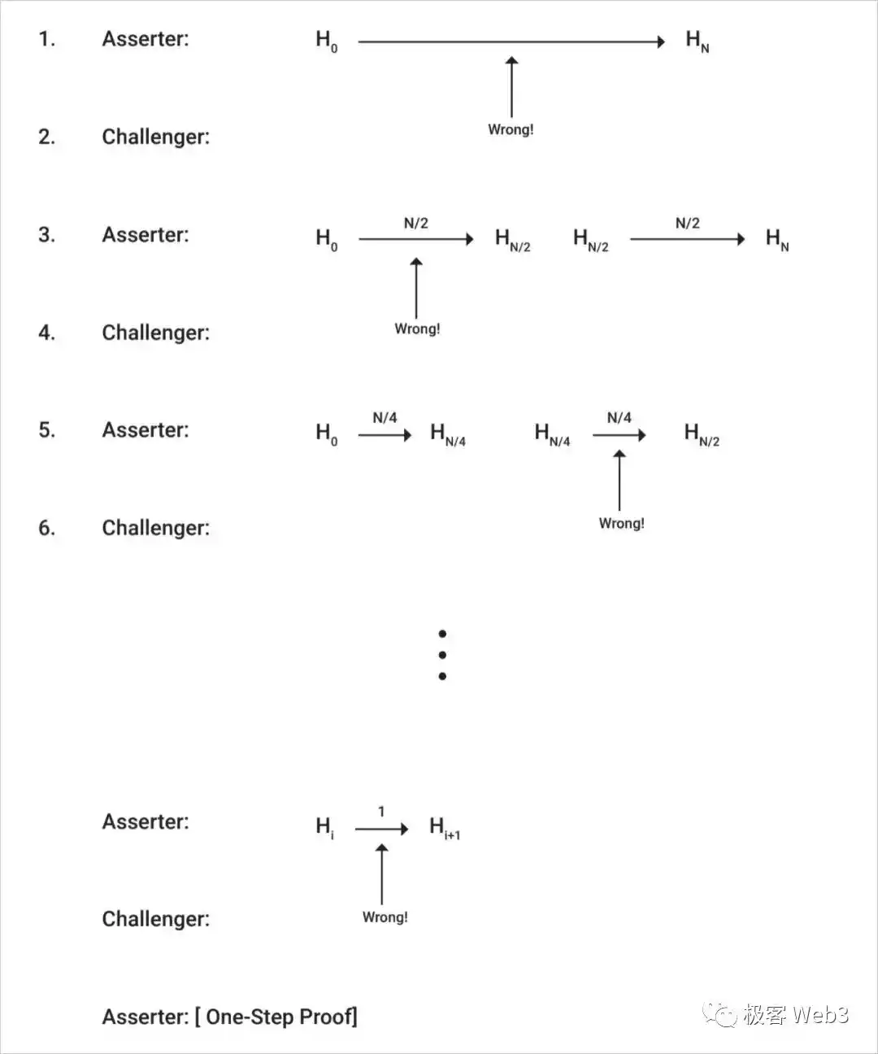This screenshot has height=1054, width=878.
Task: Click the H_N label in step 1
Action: pos(698,41)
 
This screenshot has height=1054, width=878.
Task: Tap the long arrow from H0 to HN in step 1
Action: pos(511,41)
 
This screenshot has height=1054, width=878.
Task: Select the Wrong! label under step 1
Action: pos(511,130)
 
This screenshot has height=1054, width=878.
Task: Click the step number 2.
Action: pos(46,137)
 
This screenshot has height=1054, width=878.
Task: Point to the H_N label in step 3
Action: pos(777,239)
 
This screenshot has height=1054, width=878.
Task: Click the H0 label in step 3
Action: pos(327,239)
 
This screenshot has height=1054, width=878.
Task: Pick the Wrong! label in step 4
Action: pos(417,329)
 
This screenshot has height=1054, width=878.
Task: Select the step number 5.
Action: pos(46,430)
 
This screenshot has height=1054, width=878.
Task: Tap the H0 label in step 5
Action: pos(327,434)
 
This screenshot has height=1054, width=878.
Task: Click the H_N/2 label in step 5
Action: pos(702,434)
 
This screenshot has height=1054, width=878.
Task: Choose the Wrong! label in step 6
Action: pos(622,523)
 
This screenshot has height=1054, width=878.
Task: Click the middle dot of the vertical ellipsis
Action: pos(442,655)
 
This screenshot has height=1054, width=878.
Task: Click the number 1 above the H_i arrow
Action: pos(381,811)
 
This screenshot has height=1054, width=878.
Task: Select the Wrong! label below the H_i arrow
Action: pos(385,917)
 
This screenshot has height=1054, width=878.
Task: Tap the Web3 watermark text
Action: pos(820,1015)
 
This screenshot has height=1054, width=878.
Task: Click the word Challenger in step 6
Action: pos(154,528)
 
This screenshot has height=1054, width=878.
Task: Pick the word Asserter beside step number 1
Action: pos(143,39)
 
